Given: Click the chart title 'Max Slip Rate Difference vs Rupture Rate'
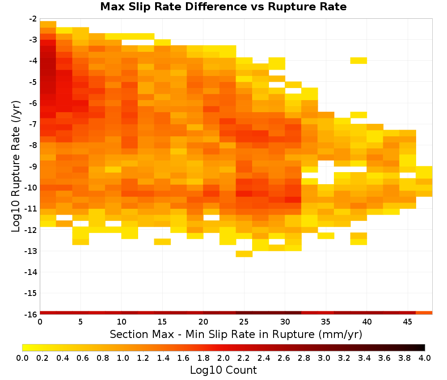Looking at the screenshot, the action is [x=223, y=7].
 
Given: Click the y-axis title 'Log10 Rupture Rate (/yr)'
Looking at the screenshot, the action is [x=16, y=166].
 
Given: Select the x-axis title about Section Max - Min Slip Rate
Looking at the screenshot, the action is [x=236, y=334].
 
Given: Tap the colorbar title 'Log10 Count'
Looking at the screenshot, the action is [x=223, y=370].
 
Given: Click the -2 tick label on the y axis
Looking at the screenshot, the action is [x=33, y=19].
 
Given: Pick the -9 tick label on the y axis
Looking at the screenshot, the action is [x=33, y=166].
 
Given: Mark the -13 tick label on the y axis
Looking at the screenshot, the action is [x=31, y=251].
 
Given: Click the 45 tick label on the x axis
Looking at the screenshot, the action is [x=407, y=322].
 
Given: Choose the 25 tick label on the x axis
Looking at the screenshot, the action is [x=244, y=322].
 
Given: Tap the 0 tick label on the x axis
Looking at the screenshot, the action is [x=40, y=322].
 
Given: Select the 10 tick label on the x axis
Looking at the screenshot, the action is [x=122, y=322].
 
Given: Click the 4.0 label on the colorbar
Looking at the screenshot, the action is [x=425, y=358].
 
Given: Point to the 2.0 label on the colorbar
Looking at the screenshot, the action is [x=223, y=358].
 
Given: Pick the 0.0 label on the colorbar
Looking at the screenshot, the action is [x=22, y=358].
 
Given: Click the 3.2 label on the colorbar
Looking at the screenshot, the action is [x=344, y=358].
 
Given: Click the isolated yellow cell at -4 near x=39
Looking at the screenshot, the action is [x=358, y=60].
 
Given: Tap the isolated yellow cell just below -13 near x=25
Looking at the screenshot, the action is [x=244, y=254].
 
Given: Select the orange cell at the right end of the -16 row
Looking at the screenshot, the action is [x=424, y=313].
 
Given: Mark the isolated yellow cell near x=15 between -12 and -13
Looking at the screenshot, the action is [x=163, y=242].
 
